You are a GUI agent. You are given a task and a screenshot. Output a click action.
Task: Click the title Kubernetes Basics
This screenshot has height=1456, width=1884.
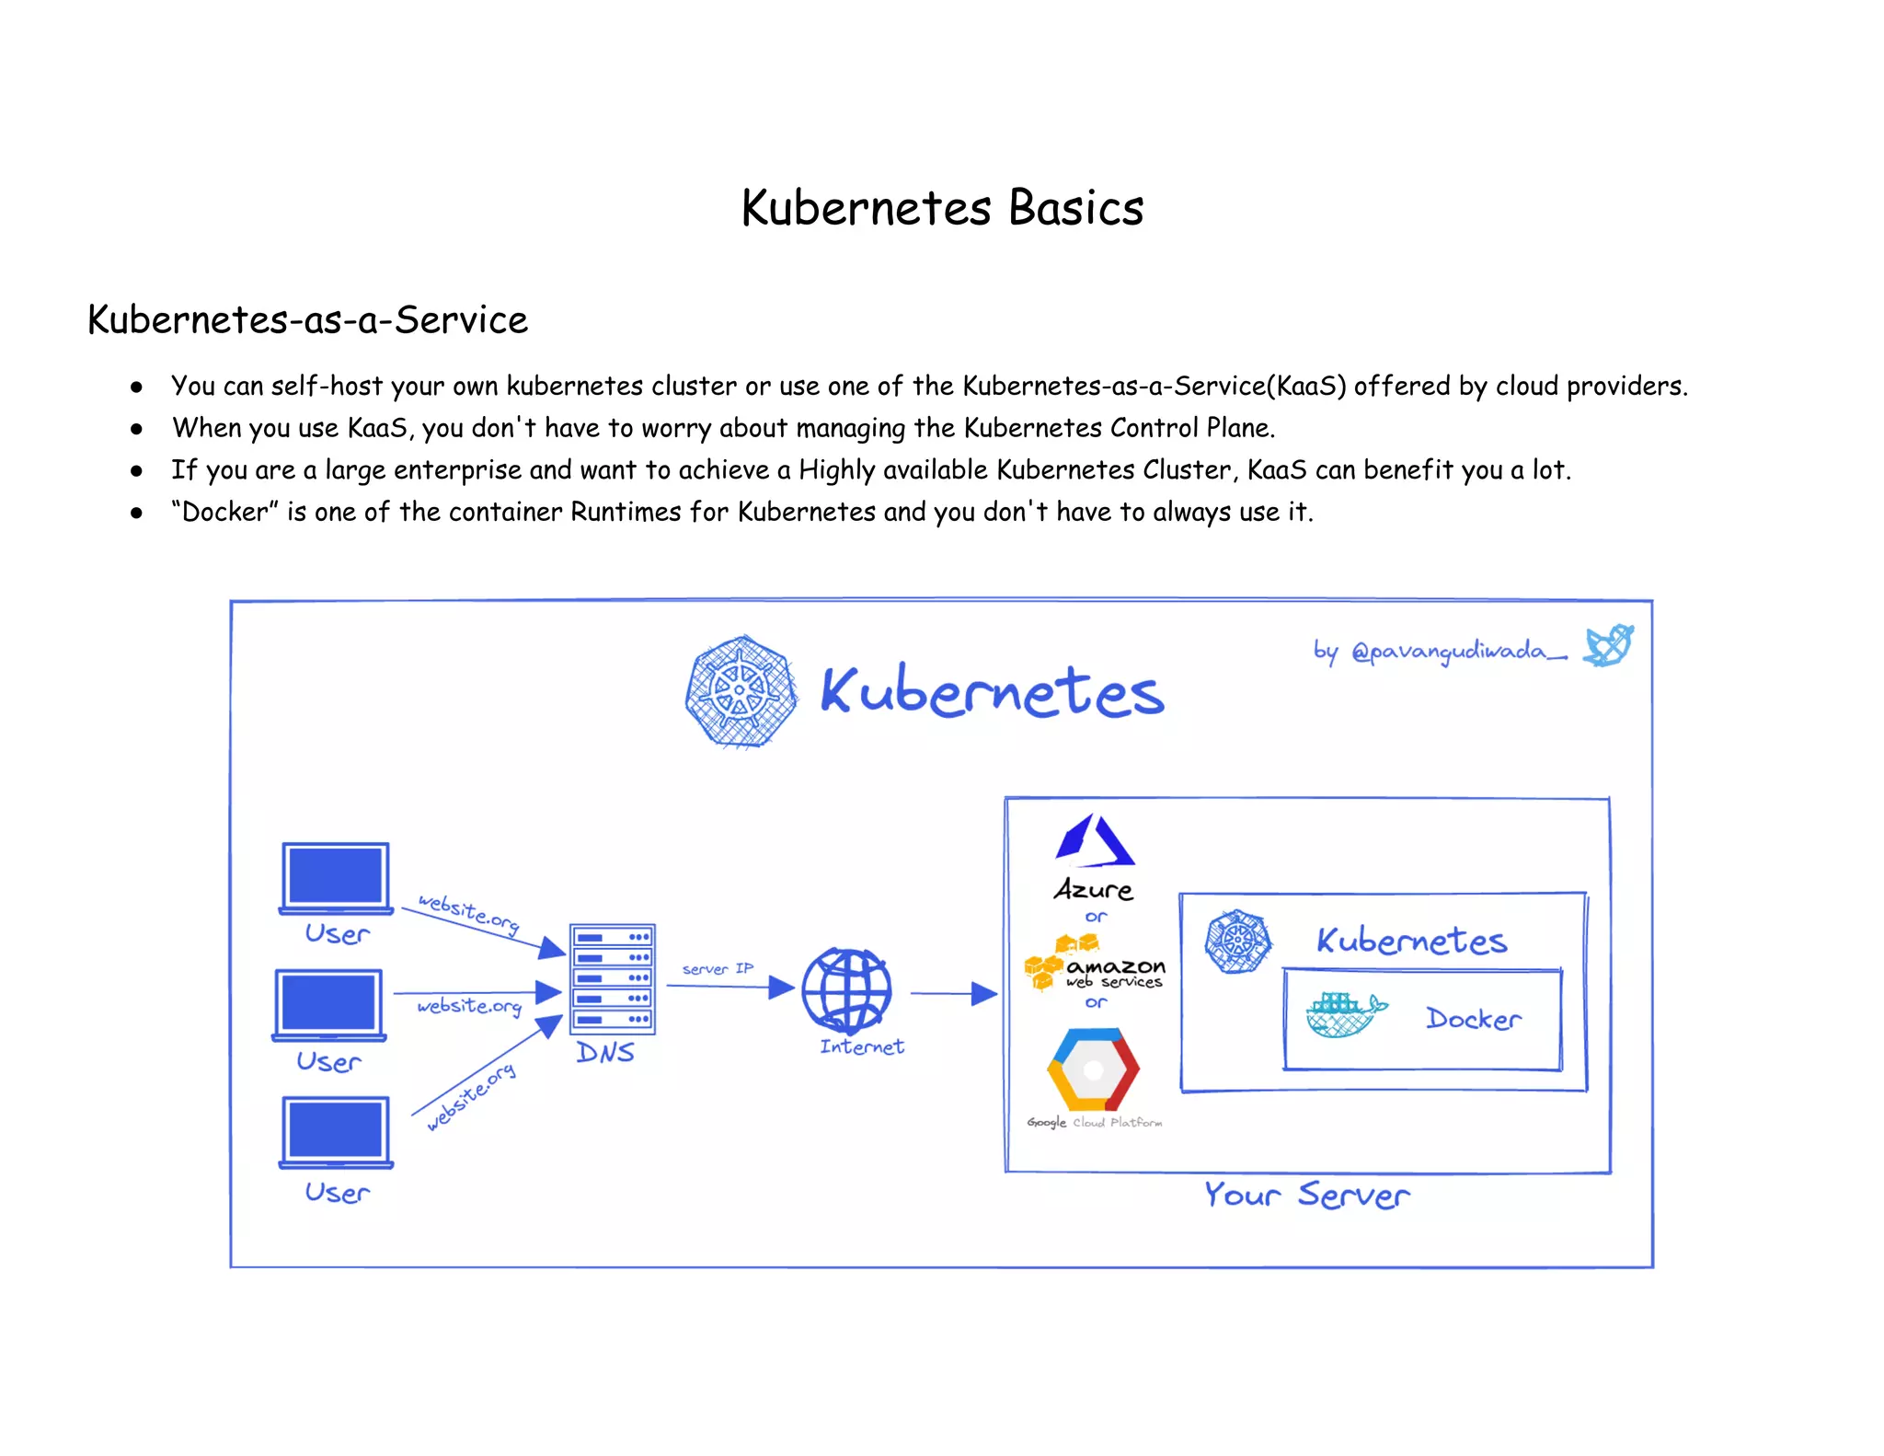click(942, 208)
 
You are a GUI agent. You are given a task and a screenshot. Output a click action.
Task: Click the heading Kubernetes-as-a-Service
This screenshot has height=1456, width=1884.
click(307, 320)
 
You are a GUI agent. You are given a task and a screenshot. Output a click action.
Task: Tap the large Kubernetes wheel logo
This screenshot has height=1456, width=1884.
click(741, 691)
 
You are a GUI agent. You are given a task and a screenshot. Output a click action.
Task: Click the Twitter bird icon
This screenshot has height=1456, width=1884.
click(1608, 645)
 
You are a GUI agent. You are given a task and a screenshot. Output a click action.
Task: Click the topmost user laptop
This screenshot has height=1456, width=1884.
click(336, 877)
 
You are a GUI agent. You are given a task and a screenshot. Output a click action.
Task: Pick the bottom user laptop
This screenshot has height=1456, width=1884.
click(336, 1131)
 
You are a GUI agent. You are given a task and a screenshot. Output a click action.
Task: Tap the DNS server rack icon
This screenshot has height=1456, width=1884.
click(612, 978)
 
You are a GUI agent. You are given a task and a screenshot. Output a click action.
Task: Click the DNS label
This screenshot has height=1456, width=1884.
click(605, 1052)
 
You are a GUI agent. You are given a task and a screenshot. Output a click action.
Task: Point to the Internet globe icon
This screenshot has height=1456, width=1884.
click(846, 990)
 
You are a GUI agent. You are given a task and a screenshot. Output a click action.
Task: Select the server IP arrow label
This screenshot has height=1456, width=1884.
click(718, 968)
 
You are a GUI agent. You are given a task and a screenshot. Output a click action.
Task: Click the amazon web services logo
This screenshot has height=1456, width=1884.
click(1095, 969)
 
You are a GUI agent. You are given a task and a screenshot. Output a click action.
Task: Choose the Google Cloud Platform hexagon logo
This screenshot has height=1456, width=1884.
click(1093, 1069)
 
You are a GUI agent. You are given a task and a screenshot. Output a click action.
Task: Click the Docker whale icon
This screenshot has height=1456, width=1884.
click(1344, 1015)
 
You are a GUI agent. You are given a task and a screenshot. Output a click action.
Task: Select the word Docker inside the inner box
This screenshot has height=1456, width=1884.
click(1473, 1019)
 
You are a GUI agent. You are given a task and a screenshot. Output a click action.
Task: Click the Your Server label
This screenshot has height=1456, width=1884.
click(1306, 1195)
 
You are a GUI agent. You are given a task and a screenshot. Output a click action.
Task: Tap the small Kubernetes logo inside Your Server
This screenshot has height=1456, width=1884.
click(1238, 941)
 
